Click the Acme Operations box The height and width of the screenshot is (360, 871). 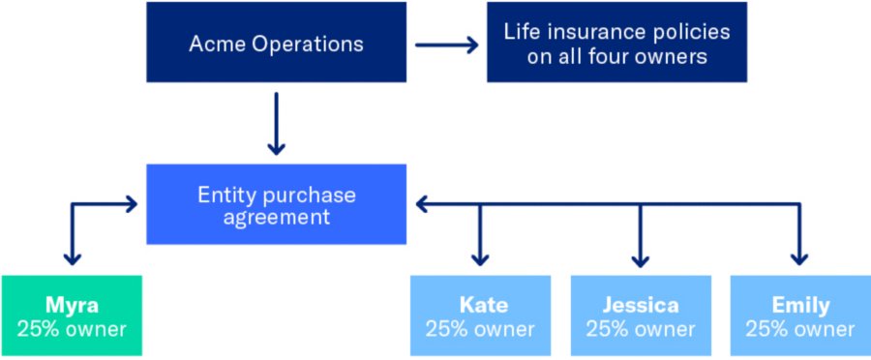[276, 44]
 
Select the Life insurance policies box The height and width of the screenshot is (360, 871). [616, 44]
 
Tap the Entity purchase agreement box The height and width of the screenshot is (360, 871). [276, 205]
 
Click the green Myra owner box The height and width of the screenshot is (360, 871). [72, 316]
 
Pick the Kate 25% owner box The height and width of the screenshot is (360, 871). [480, 316]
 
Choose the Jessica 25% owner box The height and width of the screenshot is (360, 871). [639, 316]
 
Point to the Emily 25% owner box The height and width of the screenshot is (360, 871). [799, 316]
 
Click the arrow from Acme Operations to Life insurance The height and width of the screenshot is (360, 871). [447, 45]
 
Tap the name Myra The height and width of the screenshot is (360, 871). [72, 306]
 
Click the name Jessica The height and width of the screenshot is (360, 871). [639, 306]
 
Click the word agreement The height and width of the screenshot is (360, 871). [276, 217]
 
